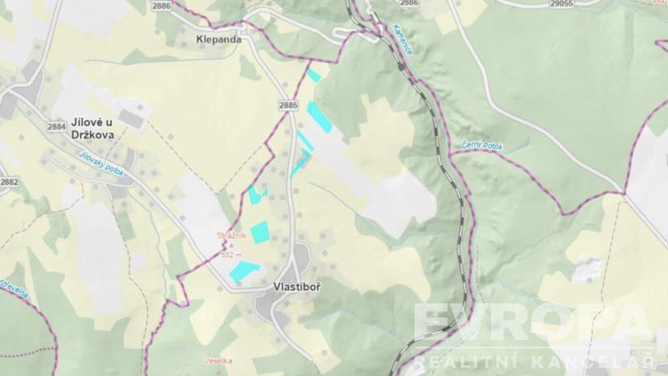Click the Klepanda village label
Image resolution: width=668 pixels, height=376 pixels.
218,38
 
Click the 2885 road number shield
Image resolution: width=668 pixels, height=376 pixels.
288,105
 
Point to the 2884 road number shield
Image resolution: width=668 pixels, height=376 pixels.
56,126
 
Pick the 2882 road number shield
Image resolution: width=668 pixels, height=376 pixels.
9,182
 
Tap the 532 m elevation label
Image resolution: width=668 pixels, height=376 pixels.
231,254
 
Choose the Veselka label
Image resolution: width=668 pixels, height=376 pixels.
218,361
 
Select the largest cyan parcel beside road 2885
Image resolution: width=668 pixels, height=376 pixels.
319,116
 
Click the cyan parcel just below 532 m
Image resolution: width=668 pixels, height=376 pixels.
244,270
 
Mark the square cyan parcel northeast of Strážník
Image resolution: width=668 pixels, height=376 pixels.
259,232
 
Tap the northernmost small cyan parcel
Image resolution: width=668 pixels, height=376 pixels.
314,76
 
